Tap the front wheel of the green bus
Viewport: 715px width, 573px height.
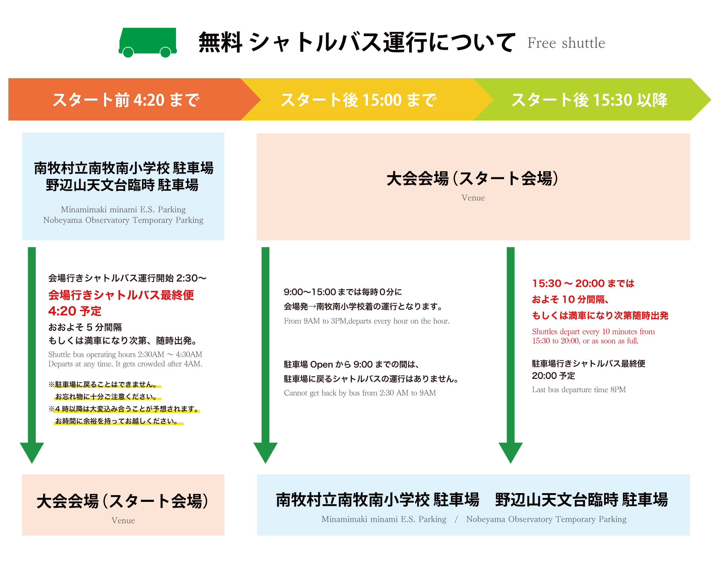pyautogui.click(x=165, y=52)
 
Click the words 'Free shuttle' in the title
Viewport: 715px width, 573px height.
pyautogui.click(x=566, y=43)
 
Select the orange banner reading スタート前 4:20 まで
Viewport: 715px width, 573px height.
pyautogui.click(x=126, y=100)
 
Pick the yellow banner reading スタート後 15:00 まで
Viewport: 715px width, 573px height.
pyautogui.click(x=358, y=100)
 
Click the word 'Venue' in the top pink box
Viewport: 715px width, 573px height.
pyautogui.click(x=473, y=198)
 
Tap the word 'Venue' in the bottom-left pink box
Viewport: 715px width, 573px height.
pyautogui.click(x=123, y=521)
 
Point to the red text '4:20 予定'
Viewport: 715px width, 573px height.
pyautogui.click(x=75, y=311)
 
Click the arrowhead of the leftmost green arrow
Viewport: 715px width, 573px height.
pyautogui.click(x=32, y=452)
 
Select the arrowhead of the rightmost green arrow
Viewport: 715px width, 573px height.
pyautogui.click(x=510, y=452)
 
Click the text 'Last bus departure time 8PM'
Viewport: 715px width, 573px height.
pyautogui.click(x=579, y=390)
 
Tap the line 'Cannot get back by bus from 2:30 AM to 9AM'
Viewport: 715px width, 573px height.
pyautogui.click(x=360, y=393)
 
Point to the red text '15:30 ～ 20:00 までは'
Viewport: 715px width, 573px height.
pyautogui.click(x=583, y=284)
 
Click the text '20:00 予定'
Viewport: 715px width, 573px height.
pyautogui.click(x=553, y=376)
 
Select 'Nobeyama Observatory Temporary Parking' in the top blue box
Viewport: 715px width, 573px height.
pyautogui.click(x=123, y=220)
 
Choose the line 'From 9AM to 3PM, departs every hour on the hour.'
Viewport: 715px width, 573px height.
pyautogui.click(x=367, y=321)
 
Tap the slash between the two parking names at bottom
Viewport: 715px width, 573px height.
pyautogui.click(x=456, y=519)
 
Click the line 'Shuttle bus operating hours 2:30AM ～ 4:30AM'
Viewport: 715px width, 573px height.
pyautogui.click(x=125, y=354)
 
